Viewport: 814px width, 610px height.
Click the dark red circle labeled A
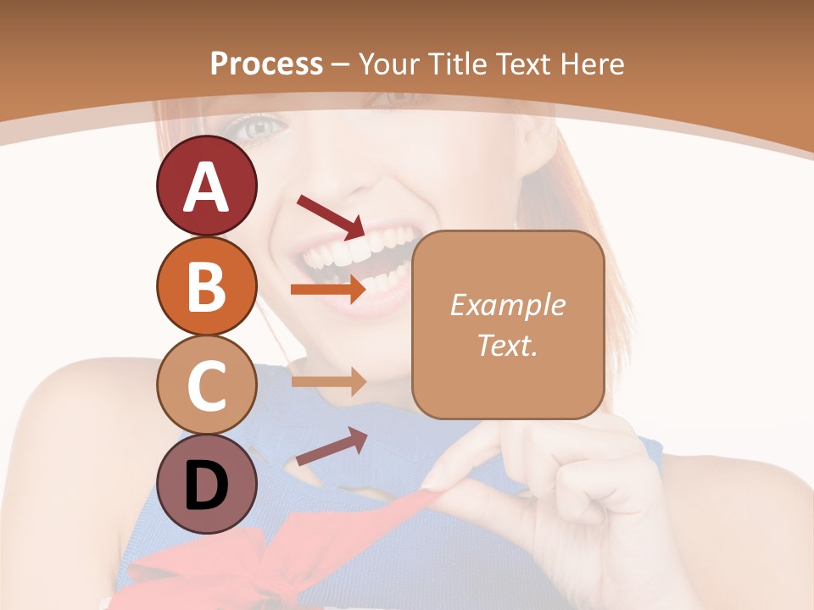(x=206, y=186)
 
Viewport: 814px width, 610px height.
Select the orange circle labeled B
(x=206, y=286)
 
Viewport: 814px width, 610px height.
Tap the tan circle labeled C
(x=206, y=385)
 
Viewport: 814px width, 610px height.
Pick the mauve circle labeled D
(x=206, y=484)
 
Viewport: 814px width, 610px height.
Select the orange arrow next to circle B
(x=327, y=289)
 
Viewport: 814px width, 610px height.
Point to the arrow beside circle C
(x=327, y=382)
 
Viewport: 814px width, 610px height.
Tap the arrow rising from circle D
(x=331, y=447)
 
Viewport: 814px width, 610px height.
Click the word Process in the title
(x=266, y=64)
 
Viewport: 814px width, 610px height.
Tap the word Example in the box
(x=507, y=305)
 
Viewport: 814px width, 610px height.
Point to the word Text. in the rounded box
(x=507, y=345)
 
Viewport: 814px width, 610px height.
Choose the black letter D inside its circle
(x=206, y=486)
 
